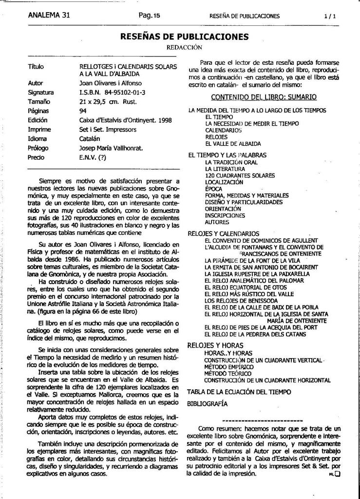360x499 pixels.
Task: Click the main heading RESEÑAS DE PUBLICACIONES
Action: pos(185,37)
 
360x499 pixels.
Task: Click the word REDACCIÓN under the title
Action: pos(184,47)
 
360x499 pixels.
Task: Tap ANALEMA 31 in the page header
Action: pos(50,15)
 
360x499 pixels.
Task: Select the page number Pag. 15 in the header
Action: pos(149,15)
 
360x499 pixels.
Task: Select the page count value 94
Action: pos(83,111)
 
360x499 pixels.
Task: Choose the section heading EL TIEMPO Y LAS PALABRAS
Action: pos(227,155)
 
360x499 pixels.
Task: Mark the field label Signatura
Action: pos(41,92)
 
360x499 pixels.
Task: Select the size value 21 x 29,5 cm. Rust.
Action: pos(108,101)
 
